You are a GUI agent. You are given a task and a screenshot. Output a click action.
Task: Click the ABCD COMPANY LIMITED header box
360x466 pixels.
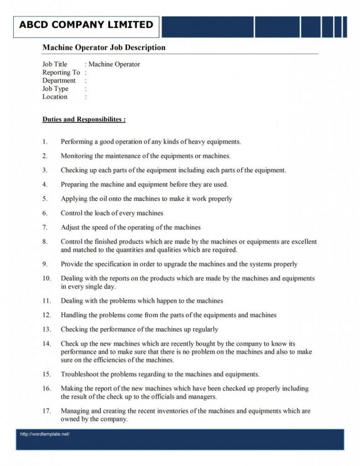coord(86,25)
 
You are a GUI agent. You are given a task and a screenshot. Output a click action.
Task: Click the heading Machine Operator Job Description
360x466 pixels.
coord(104,48)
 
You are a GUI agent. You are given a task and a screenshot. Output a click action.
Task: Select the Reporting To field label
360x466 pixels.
coord(61,72)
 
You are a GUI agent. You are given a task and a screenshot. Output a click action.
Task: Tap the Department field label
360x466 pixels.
coord(59,80)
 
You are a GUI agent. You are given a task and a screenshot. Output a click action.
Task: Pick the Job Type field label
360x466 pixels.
coord(55,88)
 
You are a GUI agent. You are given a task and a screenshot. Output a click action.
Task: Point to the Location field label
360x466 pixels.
coord(55,97)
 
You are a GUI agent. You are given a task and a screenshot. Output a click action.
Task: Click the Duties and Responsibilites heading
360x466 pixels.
coord(84,120)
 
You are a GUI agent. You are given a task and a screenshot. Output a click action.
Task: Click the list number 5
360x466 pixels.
coord(45,199)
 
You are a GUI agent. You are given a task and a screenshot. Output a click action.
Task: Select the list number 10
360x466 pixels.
coord(47,278)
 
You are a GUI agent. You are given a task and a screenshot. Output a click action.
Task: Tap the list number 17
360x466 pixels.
coord(47,411)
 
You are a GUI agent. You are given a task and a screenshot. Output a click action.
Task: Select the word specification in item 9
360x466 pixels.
coord(106,264)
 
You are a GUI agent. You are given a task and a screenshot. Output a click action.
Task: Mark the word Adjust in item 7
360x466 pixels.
coord(70,227)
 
